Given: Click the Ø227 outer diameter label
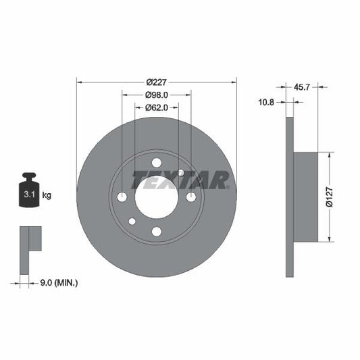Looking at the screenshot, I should click(157, 75).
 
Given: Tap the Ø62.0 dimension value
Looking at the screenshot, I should click(157, 107).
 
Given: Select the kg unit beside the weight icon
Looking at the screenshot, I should click(47, 195).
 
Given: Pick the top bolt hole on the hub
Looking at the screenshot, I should click(157, 162).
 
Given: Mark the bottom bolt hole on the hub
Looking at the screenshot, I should click(157, 232).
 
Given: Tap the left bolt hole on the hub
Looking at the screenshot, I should click(122, 197).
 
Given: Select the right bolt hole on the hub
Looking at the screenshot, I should click(191, 197).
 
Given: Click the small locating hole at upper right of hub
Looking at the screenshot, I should click(181, 172).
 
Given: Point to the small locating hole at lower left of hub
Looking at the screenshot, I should click(132, 222).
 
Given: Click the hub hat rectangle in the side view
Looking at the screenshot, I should click(305, 196).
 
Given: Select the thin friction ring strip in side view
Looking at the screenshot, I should click(290, 196).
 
